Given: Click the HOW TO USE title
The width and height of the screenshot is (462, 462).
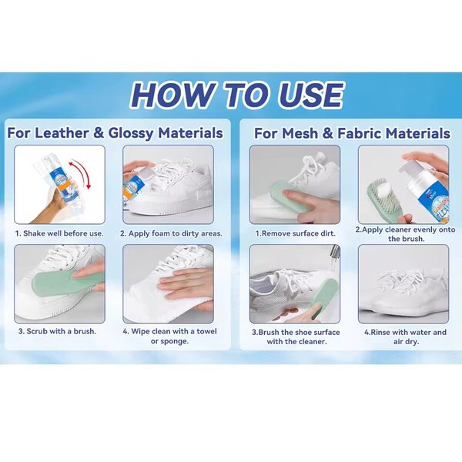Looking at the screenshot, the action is [236, 95].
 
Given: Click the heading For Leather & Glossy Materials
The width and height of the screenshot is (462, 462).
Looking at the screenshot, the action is [115, 133].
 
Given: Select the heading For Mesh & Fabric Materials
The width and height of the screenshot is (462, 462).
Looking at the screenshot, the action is [352, 133].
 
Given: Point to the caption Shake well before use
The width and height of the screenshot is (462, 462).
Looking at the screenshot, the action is [59, 233].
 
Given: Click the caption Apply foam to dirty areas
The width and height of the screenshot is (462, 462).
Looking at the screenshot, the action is [171, 233].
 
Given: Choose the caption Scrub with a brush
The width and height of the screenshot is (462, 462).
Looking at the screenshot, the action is [58, 331].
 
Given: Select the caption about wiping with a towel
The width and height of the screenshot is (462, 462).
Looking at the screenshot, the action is [169, 336].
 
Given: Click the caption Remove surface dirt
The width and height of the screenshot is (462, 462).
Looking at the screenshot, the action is [296, 233].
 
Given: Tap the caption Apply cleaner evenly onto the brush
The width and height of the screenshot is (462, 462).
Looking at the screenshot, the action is [406, 234].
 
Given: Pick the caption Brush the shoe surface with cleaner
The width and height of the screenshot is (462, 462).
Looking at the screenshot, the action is [296, 336].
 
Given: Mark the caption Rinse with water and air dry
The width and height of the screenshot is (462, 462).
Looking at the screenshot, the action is [406, 336].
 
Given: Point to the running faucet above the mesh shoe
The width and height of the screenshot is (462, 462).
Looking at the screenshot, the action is [334, 257].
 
